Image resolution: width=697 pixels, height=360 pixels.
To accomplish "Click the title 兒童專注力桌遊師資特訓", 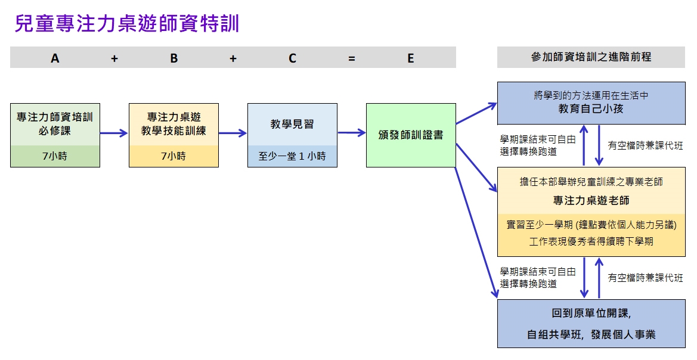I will point(127,24).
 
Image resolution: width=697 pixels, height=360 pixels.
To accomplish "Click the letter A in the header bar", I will point(55,58).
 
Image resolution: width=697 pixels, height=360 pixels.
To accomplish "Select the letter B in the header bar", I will point(174,58).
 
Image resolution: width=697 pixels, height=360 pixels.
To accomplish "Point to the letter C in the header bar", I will point(292,58).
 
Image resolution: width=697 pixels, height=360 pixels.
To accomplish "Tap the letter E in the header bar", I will point(411,58).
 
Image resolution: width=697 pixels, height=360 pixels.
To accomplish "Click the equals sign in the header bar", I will point(352,58).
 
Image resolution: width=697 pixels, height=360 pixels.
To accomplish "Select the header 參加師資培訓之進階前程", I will point(591,57).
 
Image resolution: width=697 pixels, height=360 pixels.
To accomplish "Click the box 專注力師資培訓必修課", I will point(55,124).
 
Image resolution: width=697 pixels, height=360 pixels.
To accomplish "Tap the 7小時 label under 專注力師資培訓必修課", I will point(55,157).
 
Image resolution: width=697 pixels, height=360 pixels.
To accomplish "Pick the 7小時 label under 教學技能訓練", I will point(174,157).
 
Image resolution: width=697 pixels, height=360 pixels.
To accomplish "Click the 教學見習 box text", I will point(292,125).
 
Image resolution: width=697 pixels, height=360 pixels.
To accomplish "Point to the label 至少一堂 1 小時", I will point(292,157).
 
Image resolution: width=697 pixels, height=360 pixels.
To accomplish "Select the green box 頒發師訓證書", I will point(411,135).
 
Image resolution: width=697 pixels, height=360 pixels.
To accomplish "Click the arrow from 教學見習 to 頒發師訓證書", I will point(351,133).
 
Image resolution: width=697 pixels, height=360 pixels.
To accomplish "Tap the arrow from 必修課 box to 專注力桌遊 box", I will point(114,133).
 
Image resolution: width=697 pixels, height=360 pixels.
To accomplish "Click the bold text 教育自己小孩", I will point(591,109).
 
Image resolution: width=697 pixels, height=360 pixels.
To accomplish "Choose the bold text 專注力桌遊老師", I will point(591,200).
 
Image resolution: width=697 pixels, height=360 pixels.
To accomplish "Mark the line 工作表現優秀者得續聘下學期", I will point(591,241).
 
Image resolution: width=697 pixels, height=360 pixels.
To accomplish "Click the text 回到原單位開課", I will point(591,313).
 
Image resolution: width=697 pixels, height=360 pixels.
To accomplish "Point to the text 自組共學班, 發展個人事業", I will point(591,334).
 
